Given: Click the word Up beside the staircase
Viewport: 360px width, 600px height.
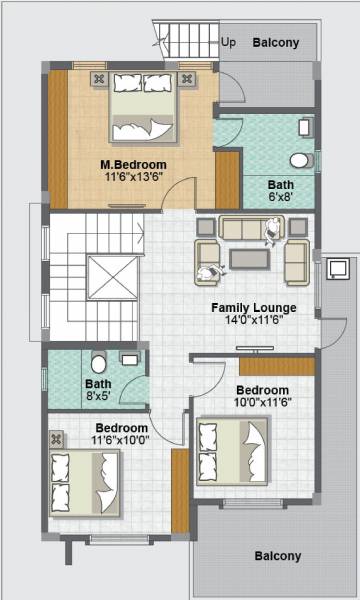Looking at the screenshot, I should pos(228,43).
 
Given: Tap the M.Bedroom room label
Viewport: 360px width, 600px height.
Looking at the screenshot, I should pos(133,164).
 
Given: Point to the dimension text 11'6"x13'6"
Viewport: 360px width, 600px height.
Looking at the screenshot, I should pos(133,178).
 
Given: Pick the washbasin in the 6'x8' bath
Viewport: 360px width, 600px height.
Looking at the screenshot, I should pos(306,127).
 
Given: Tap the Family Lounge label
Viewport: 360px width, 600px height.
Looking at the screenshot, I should pos(251,308).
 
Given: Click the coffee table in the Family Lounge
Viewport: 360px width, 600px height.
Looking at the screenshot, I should pos(249,259).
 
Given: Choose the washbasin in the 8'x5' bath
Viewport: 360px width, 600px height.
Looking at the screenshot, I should pos(129,356).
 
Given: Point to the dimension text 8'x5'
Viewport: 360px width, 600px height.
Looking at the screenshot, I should pos(98,396).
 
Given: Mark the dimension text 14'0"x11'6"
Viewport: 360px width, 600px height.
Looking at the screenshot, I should pos(251,322).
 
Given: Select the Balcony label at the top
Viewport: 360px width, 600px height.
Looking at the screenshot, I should pos(275,43).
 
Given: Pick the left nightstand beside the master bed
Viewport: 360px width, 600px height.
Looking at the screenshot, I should pos(99,78).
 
